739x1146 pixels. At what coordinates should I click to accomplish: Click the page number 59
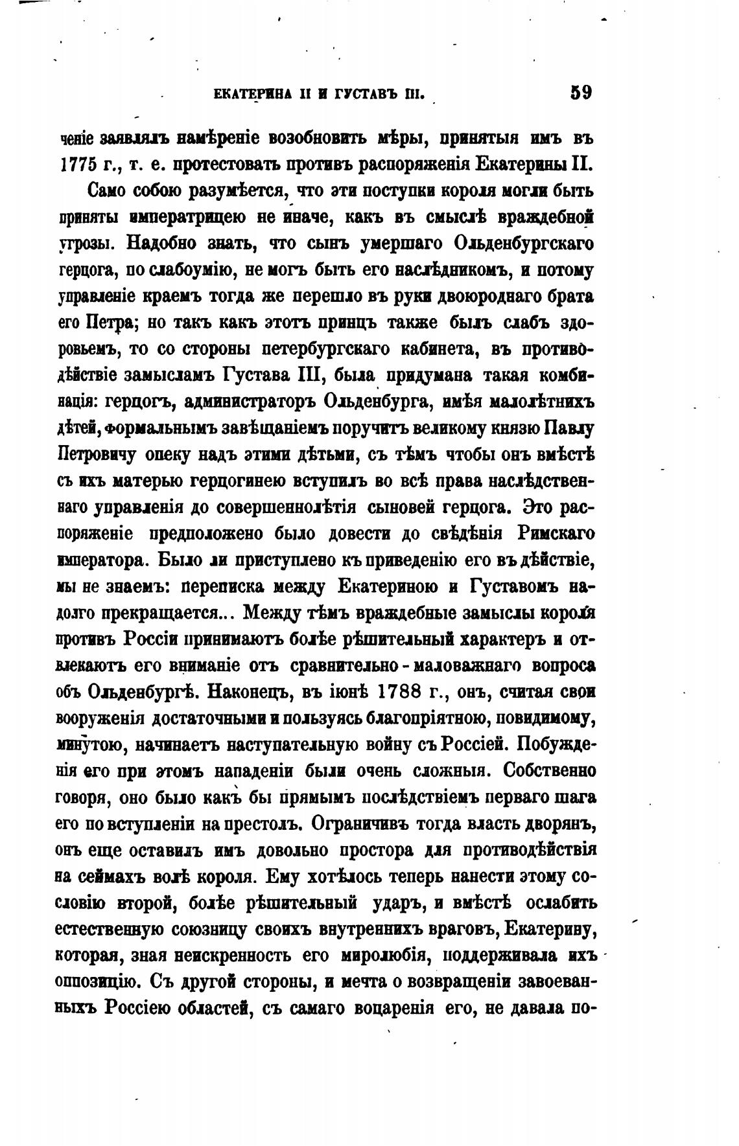580,92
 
